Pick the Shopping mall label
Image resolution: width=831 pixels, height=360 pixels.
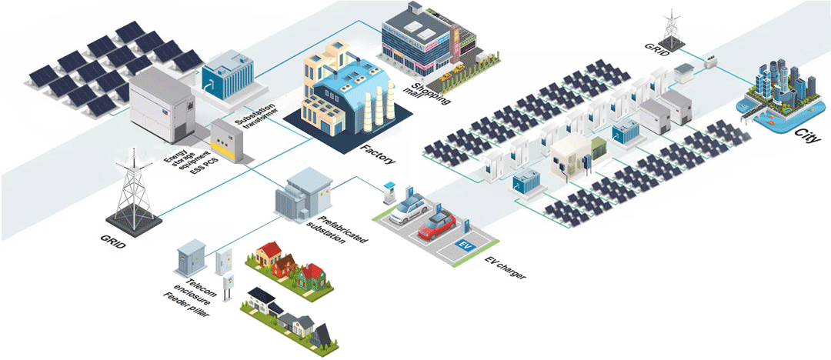[x=431, y=95]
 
